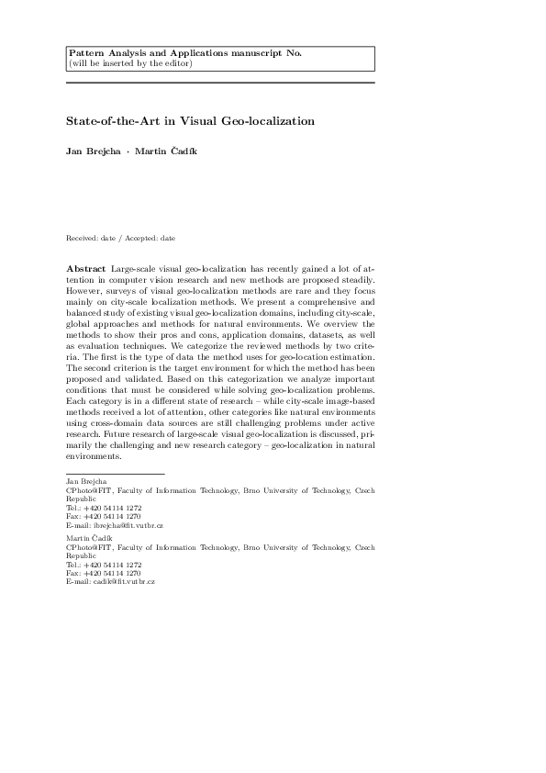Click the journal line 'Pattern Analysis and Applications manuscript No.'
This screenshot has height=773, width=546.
tap(185, 53)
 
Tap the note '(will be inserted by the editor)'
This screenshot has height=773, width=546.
tap(131, 63)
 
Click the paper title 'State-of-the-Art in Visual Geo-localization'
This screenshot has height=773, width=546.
tap(190, 120)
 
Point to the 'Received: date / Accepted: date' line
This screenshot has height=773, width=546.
tap(120, 238)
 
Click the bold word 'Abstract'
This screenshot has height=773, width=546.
tap(85, 268)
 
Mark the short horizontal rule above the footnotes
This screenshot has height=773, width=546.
tap(115, 474)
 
